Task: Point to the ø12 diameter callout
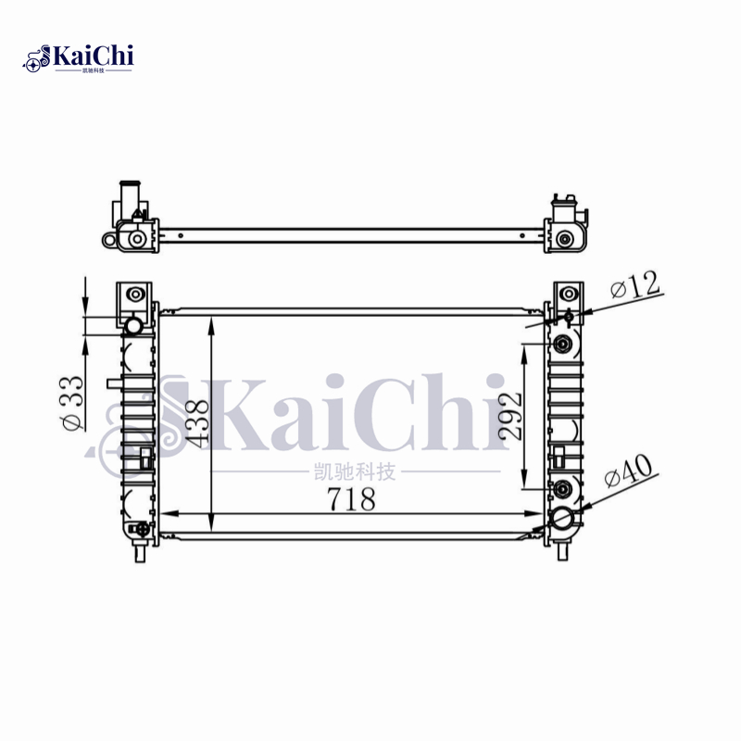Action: tap(636, 286)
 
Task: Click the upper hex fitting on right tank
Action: tap(561, 345)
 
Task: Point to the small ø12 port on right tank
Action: tap(568, 318)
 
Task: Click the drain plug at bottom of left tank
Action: tap(139, 530)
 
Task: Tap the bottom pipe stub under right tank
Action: tap(562, 551)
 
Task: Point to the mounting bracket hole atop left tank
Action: tap(135, 295)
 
